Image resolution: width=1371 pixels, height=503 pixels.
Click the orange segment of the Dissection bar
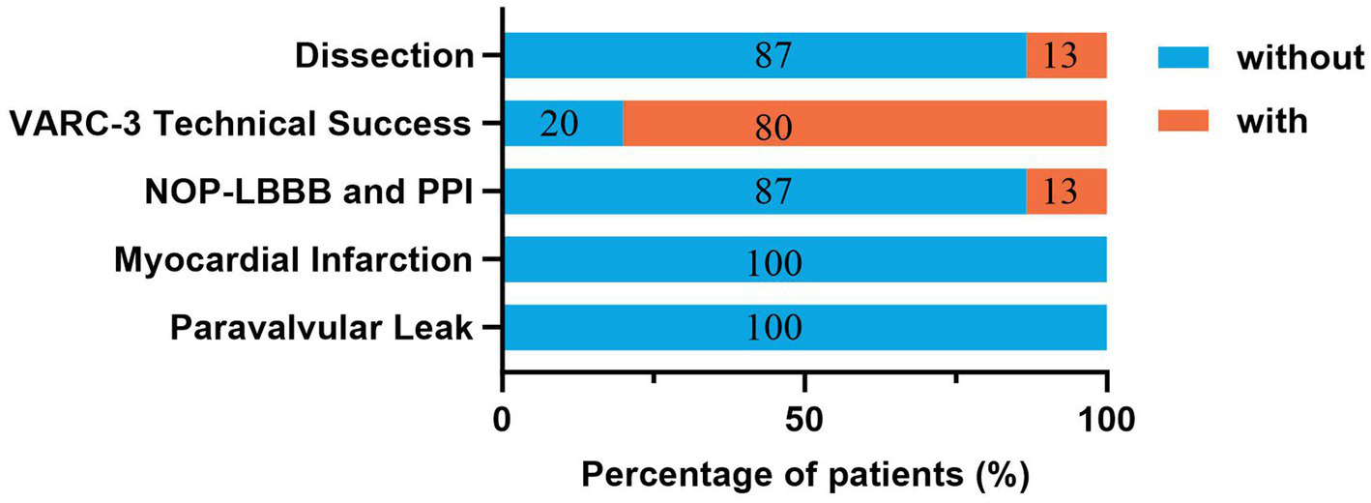(1065, 55)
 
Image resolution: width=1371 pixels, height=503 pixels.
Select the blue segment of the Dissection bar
(764, 55)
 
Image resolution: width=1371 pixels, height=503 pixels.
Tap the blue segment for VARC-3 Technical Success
(563, 123)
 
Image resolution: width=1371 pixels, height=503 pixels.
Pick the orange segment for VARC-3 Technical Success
(864, 123)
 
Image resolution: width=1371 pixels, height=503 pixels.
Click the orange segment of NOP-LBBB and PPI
(1065, 191)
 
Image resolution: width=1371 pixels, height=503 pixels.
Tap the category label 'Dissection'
(384, 56)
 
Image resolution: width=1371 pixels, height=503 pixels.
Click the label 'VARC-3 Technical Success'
(240, 124)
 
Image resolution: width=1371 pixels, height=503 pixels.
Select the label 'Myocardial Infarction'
(293, 259)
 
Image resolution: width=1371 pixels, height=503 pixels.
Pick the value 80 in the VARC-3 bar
(773, 127)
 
